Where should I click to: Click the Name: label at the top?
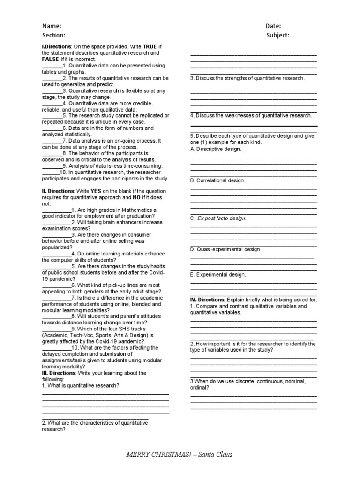[x=52, y=26]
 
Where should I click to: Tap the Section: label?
[x=54, y=35]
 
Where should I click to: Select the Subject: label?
[x=278, y=35]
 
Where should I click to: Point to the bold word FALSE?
[x=51, y=60]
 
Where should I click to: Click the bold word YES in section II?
[x=96, y=191]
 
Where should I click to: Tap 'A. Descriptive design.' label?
[x=216, y=149]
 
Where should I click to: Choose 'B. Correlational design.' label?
[x=217, y=180]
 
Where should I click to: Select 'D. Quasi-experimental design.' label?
[x=225, y=249]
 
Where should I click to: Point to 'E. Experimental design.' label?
[x=217, y=275]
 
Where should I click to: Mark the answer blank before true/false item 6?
[x=52, y=128]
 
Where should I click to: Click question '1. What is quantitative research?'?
[x=80, y=385]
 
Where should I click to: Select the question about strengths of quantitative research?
[x=247, y=78]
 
